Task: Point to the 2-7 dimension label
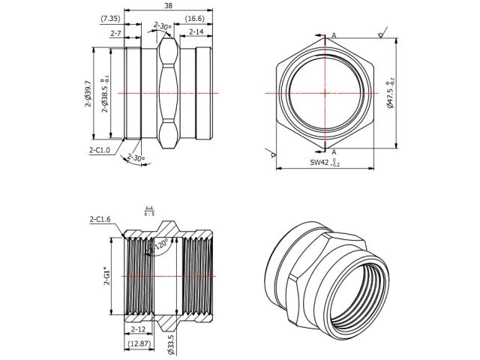(x=116, y=33)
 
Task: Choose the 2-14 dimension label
(x=196, y=32)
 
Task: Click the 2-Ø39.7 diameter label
(x=88, y=94)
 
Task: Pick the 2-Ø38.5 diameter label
(x=105, y=94)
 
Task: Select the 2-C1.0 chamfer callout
(x=99, y=150)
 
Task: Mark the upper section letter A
(x=333, y=35)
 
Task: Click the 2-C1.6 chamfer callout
(x=100, y=219)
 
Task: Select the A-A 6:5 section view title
(x=148, y=211)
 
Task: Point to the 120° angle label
(x=160, y=244)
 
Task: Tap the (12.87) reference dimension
(x=139, y=343)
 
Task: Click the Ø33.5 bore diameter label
(x=171, y=343)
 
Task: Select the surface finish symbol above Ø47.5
(x=382, y=34)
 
